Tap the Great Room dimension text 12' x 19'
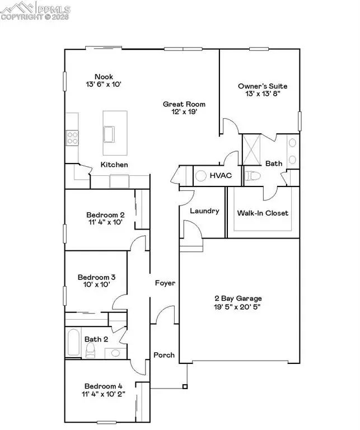coord(184,112)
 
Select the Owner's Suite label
coord(263,86)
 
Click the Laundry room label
coord(204,211)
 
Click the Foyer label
coord(165,283)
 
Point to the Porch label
coord(164,355)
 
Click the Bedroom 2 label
coord(105,214)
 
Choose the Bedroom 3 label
coord(97,277)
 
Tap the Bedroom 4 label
coord(104,386)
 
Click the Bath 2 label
coord(96,339)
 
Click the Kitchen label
coord(114,165)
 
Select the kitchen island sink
coord(109,134)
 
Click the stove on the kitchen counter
coord(72,137)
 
